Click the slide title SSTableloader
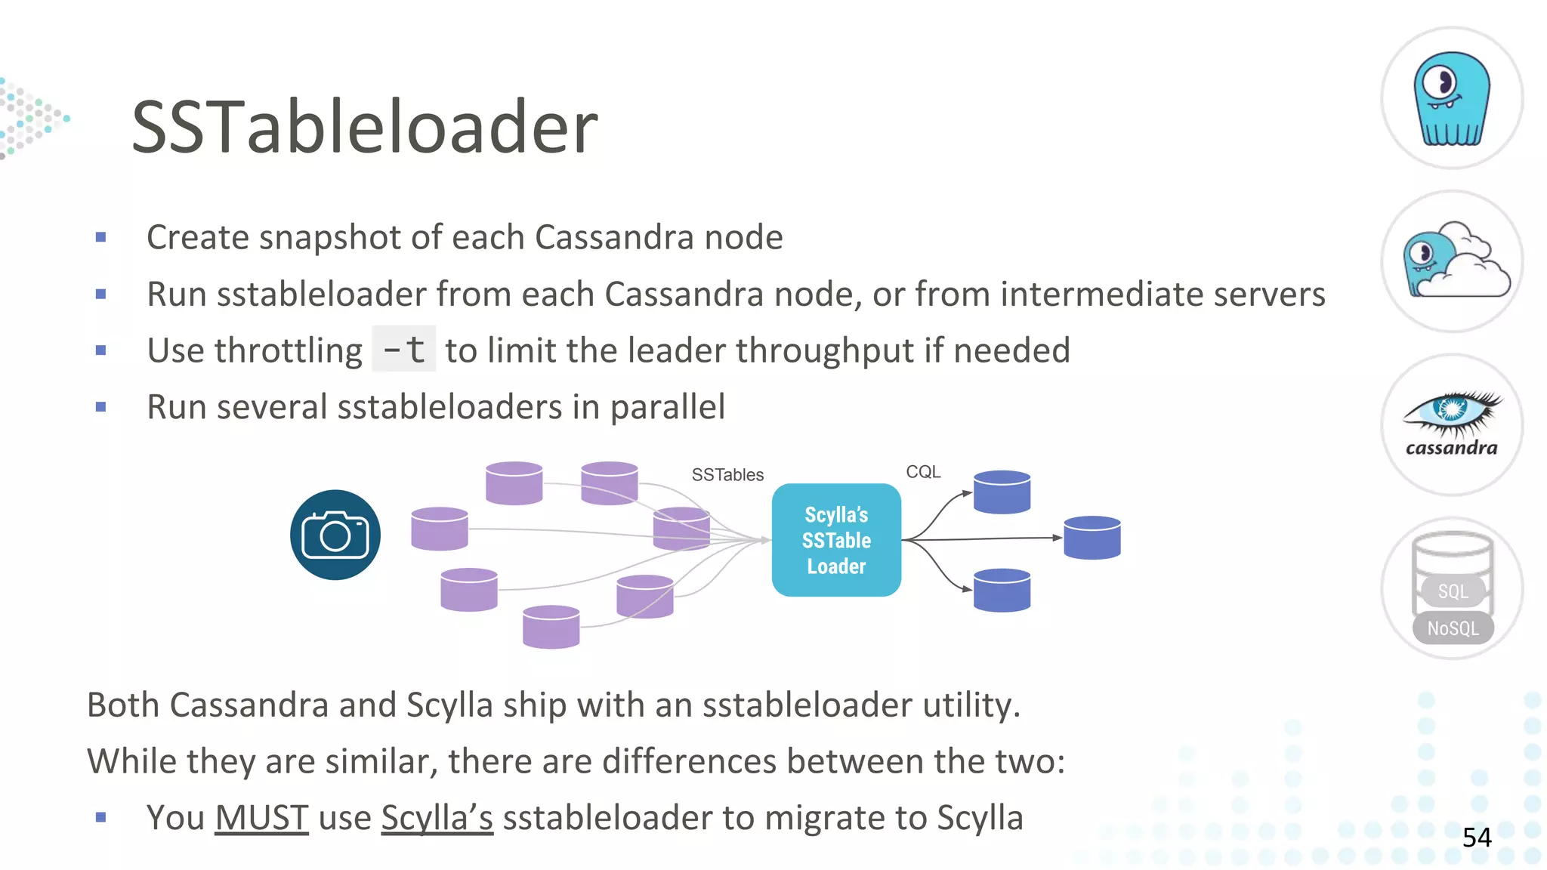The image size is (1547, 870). (x=364, y=127)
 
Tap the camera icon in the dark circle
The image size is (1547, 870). (x=335, y=535)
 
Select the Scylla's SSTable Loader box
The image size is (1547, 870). (x=836, y=540)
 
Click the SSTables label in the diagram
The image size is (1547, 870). (x=727, y=475)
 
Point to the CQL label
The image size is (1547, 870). (x=923, y=472)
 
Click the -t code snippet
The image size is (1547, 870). (x=404, y=349)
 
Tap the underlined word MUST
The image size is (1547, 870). (x=261, y=817)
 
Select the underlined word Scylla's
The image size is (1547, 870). (x=437, y=817)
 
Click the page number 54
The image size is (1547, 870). (x=1477, y=837)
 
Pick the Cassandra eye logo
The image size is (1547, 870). (x=1452, y=423)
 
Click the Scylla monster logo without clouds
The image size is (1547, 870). (x=1452, y=98)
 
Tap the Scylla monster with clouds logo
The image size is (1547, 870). (x=1452, y=261)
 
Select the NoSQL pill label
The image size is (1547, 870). (x=1453, y=628)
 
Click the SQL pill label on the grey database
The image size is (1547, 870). (x=1453, y=591)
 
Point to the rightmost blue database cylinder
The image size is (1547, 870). (x=1092, y=538)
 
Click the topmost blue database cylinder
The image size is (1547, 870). (x=1002, y=492)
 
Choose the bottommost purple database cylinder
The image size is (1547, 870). (x=551, y=627)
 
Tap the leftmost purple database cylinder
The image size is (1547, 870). (x=439, y=529)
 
